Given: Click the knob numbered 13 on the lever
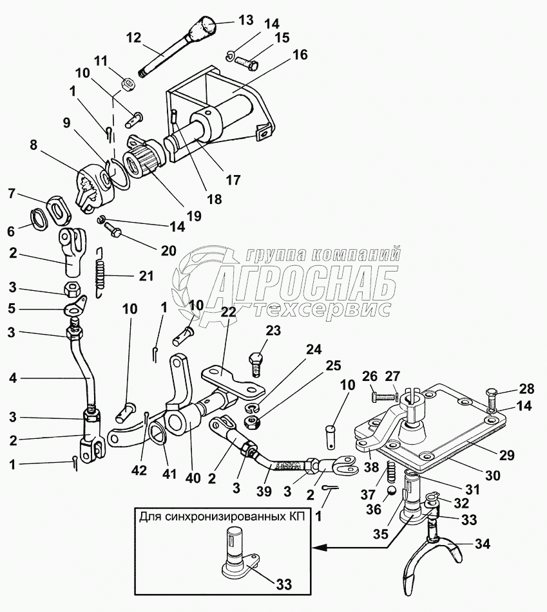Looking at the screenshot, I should point(205,28).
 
